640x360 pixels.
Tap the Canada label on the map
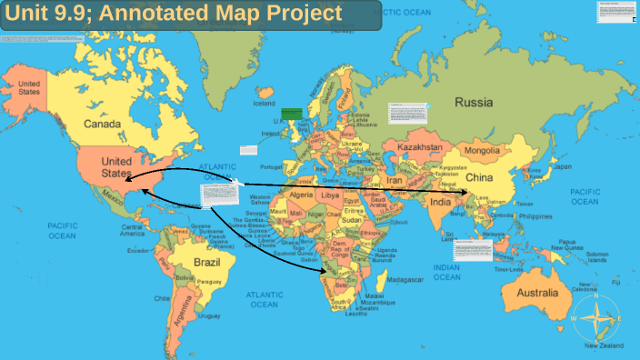(x=103, y=124)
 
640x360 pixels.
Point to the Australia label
(x=537, y=293)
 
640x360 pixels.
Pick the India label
(x=441, y=201)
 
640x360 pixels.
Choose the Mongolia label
(x=483, y=150)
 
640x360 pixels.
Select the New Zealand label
(x=603, y=346)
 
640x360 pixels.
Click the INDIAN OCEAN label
(x=446, y=272)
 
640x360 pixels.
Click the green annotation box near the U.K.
(x=291, y=114)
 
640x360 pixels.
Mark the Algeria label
(x=299, y=195)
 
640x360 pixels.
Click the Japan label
(x=563, y=167)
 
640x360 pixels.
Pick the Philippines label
(x=534, y=217)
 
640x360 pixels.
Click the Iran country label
(x=396, y=181)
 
